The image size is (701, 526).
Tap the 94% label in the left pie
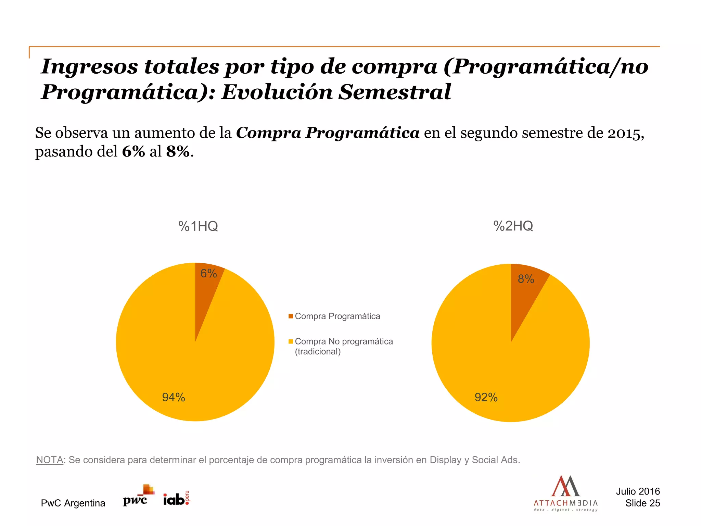click(x=174, y=397)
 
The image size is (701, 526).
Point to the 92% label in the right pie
click(x=486, y=397)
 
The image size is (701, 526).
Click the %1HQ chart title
click(x=198, y=226)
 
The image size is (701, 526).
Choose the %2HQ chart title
click(x=513, y=226)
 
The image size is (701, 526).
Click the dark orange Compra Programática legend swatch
click(x=291, y=316)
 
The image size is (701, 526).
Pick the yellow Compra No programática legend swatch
click(x=291, y=341)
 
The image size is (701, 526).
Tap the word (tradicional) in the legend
click(x=318, y=352)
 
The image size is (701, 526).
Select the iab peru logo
click(x=176, y=499)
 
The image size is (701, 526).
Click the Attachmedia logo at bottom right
click(x=565, y=493)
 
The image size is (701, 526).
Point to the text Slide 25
click(x=642, y=503)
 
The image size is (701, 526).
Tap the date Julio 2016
click(x=638, y=491)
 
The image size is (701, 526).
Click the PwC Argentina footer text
click(x=73, y=503)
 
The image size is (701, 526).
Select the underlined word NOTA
click(x=50, y=460)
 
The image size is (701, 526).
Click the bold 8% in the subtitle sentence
click(x=178, y=151)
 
